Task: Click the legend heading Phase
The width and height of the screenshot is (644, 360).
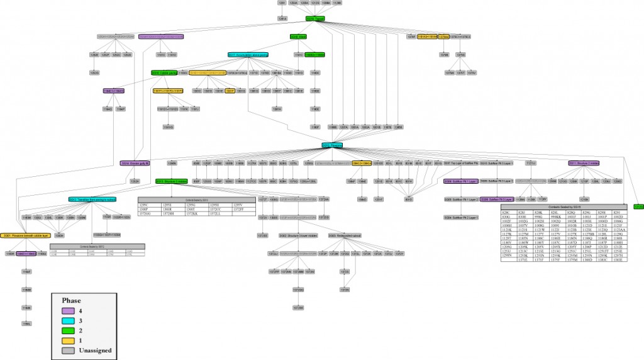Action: tap(72, 300)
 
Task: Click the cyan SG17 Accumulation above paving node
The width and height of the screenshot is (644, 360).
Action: tap(248, 55)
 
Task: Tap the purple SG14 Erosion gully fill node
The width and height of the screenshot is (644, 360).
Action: tap(135, 163)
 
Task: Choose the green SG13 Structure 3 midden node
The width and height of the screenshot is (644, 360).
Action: tap(172, 181)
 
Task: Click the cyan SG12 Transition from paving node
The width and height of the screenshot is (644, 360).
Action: tap(93, 200)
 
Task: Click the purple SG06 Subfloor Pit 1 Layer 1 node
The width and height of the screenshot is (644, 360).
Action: tap(461, 181)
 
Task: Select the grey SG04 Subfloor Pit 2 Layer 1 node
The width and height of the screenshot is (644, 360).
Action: tap(461, 218)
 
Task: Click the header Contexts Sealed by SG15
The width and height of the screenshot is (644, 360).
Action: tap(563, 206)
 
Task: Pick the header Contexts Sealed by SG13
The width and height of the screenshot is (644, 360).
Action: tap(197, 200)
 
